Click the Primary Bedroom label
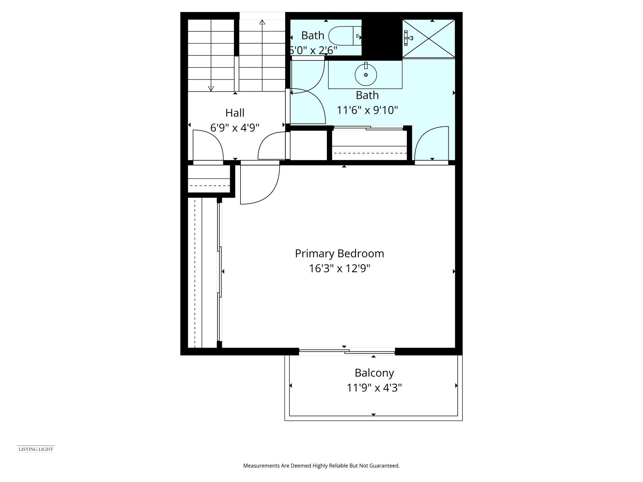pos(339,254)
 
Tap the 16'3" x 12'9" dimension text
pos(339,269)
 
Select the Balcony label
pos(374,373)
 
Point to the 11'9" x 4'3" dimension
pos(374,388)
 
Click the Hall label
pos(235,113)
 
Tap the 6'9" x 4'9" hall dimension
pos(235,128)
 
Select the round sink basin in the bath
pos(366,75)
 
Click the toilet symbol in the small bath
pos(342,36)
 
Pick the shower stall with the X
pos(429,39)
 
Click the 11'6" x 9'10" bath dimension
pos(367,110)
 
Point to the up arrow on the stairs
pos(262,22)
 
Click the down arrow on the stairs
pos(211,88)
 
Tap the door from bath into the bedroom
pos(431,144)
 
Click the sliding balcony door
pos(347,352)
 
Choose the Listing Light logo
pos(36,449)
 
